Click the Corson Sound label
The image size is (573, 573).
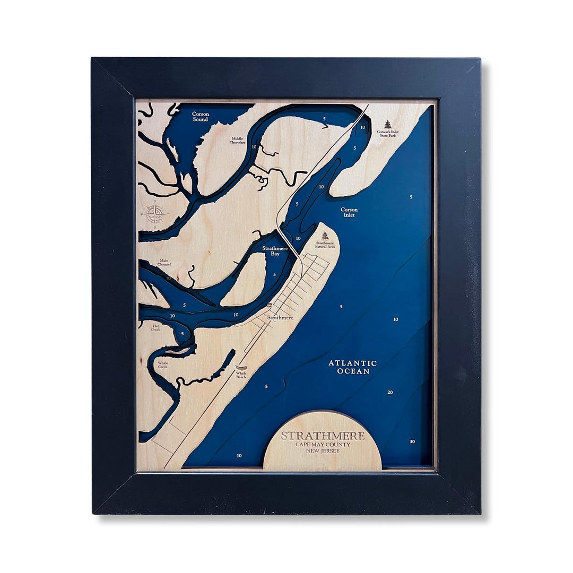click(200, 117)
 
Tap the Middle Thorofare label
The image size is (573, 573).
click(237, 141)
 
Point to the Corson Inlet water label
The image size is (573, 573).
click(349, 212)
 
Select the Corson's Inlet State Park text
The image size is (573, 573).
click(388, 133)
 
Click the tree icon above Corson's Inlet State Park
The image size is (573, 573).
click(388, 124)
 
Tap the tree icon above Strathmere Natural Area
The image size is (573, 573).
click(325, 236)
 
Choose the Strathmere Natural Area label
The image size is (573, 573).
click(325, 245)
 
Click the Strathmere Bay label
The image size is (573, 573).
click(275, 251)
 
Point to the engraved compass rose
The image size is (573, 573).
click(155, 214)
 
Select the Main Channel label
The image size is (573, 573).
click(163, 263)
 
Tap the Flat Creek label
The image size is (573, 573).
click(155, 328)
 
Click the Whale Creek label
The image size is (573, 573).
click(162, 365)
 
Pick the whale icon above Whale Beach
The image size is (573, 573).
click(242, 368)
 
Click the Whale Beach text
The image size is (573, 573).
click(241, 375)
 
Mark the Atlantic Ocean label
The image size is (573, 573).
click(352, 367)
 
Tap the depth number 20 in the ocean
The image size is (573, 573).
click(390, 393)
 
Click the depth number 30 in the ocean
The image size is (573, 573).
click(412, 441)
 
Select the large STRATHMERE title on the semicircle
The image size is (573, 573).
click(323, 436)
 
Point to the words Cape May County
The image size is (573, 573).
click(323, 445)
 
